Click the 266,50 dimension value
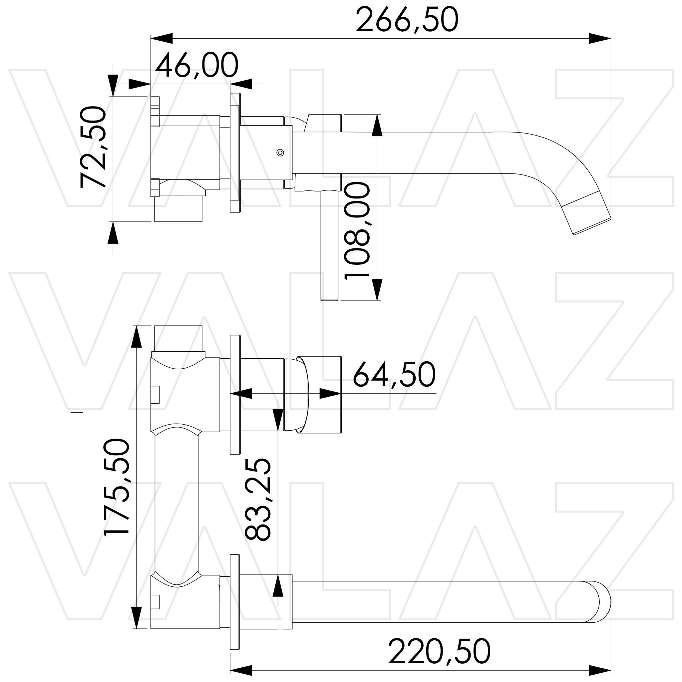coord(407,20)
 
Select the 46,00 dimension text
coord(196,66)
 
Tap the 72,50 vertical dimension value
coord(93,147)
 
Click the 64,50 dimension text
coord(394,375)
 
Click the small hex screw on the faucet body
coord(280,153)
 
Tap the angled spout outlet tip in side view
coord(592,226)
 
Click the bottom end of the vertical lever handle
coord(329,299)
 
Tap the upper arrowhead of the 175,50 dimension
coord(136,337)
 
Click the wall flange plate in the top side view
coord(235,153)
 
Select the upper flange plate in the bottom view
coord(235,394)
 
